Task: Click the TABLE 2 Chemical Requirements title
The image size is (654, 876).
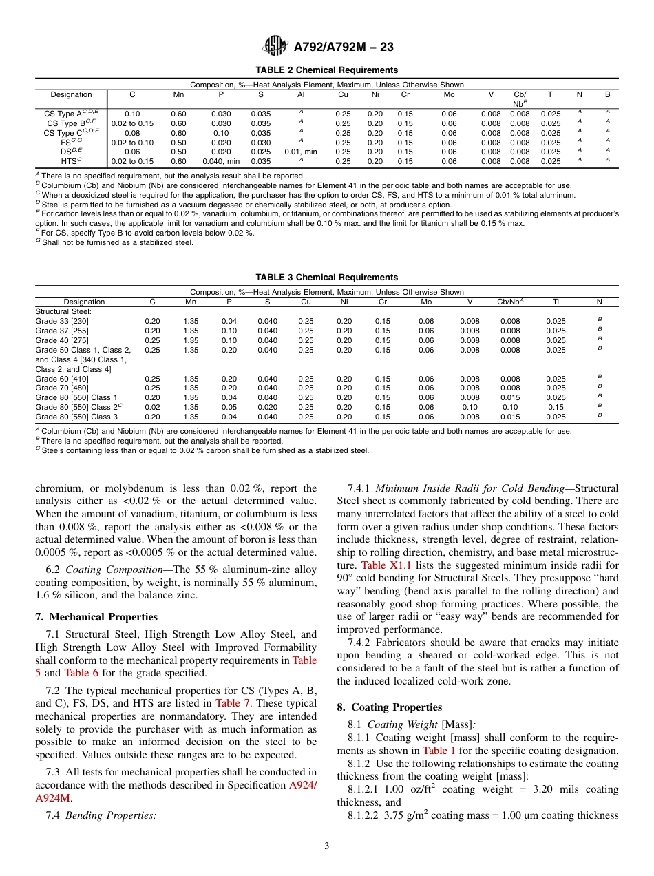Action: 326,70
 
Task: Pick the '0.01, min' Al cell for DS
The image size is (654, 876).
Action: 301,152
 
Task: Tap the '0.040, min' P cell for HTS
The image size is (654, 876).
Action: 221,161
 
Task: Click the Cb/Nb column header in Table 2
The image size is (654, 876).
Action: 520,98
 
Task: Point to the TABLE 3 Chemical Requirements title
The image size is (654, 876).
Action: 326,278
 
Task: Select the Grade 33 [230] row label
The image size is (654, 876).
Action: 62,321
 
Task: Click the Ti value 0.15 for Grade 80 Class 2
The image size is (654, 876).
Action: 556,407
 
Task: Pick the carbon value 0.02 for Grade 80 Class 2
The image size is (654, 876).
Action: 152,407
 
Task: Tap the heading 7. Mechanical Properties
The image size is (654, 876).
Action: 96,617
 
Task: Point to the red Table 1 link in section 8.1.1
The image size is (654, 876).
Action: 438,751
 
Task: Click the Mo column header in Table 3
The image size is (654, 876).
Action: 426,302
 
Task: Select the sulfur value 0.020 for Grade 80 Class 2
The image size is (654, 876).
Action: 267,407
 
